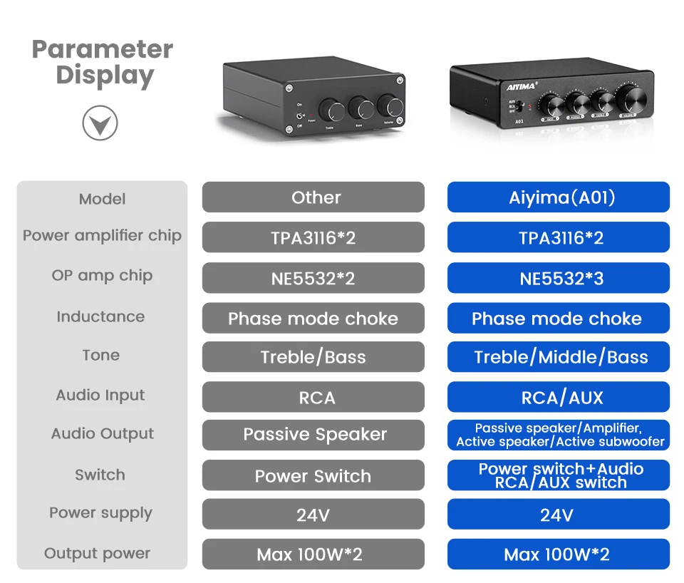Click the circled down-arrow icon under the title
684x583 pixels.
[100, 124]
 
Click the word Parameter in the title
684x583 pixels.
[103, 49]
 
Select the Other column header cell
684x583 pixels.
[313, 197]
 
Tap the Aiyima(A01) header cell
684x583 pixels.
[559, 197]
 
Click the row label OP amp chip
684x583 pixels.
[102, 276]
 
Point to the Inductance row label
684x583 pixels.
[100, 316]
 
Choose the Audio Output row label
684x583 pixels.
[103, 433]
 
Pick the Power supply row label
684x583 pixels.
[100, 513]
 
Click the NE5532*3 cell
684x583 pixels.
[559, 278]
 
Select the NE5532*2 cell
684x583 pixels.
[313, 278]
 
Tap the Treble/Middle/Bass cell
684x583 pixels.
[559, 357]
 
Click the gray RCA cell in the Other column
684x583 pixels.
[313, 397]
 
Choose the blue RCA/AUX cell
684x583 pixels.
[559, 397]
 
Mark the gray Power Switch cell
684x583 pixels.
[313, 475]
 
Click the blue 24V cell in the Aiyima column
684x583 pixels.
[559, 515]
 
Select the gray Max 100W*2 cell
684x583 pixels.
[313, 554]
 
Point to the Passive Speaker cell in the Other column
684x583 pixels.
[313, 435]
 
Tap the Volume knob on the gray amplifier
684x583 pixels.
[390, 105]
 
